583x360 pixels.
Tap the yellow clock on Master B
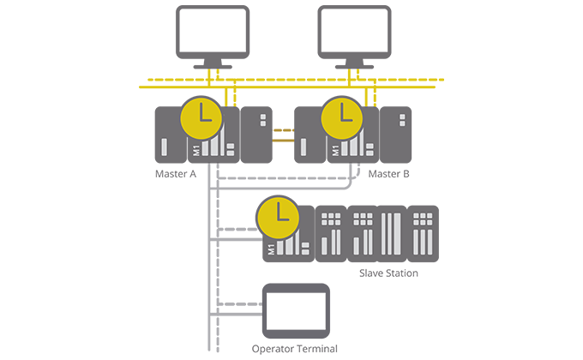(x=342, y=117)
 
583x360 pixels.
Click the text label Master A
(x=176, y=173)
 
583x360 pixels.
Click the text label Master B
(x=388, y=173)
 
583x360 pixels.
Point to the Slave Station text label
(x=388, y=273)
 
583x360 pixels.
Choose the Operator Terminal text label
(x=295, y=349)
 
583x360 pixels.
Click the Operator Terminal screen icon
(x=296, y=309)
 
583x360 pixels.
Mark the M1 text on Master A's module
(x=195, y=151)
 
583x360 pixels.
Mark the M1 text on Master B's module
(x=334, y=151)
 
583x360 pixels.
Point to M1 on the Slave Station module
(x=271, y=249)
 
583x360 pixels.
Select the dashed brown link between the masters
(x=284, y=130)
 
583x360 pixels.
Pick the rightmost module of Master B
(x=395, y=135)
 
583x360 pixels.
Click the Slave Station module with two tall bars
(x=391, y=233)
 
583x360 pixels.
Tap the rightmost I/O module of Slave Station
(x=422, y=233)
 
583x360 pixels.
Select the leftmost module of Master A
(x=170, y=135)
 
